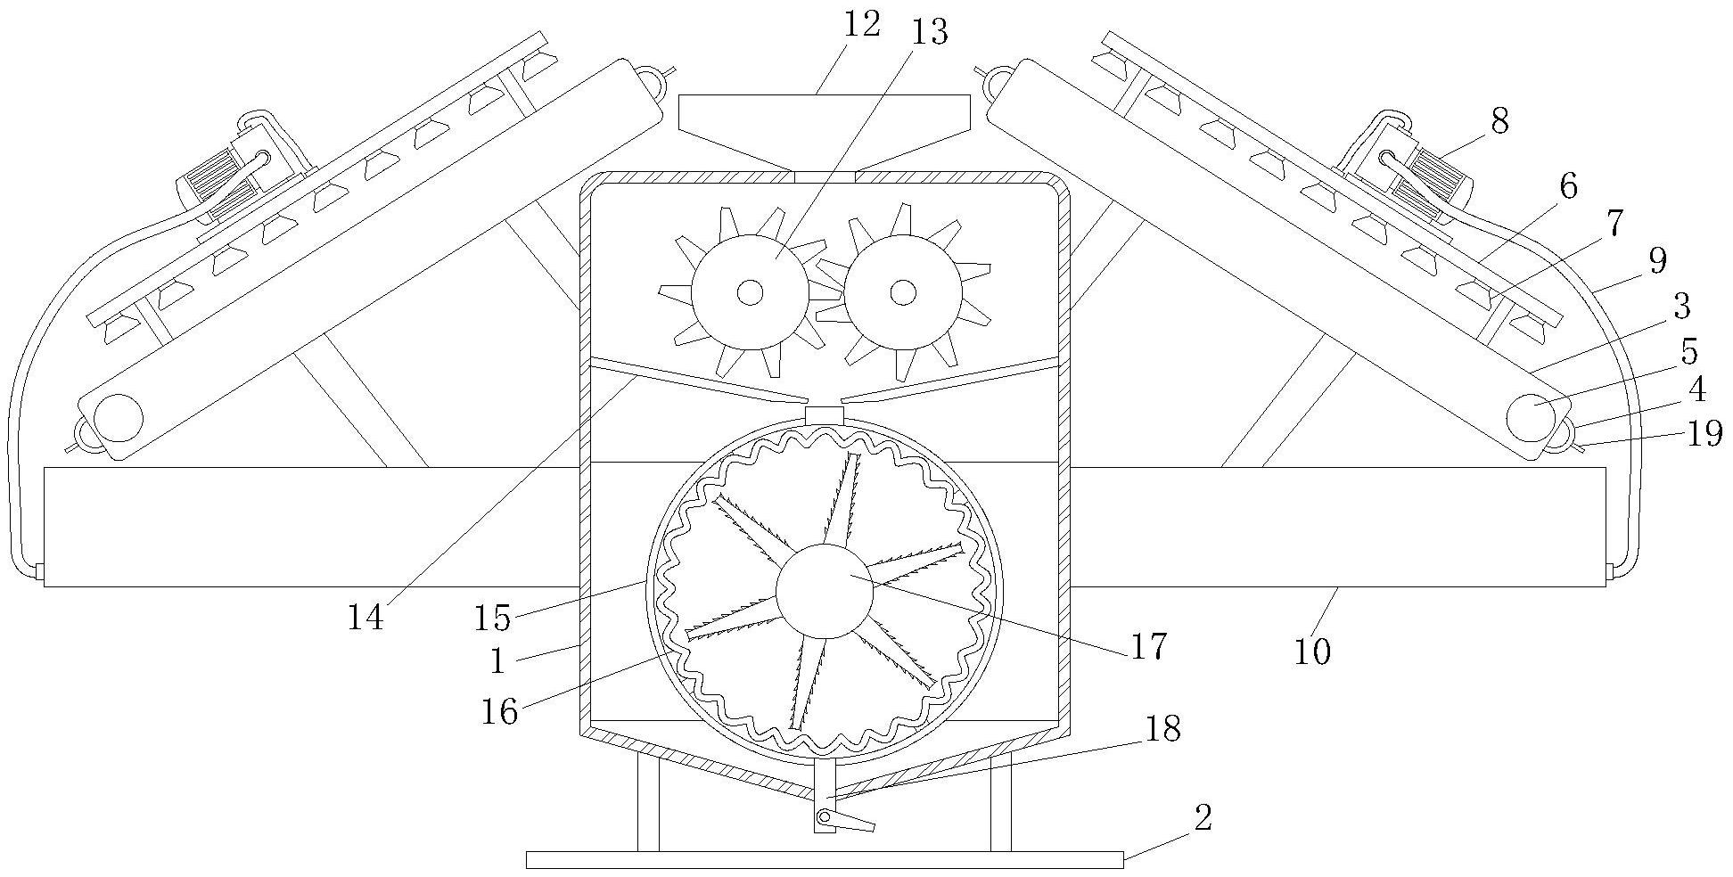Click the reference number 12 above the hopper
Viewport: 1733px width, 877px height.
click(861, 24)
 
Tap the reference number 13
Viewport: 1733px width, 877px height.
click(929, 33)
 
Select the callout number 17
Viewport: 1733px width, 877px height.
click(1148, 646)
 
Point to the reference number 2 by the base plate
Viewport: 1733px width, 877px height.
click(1203, 817)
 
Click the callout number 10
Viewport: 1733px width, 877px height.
click(1311, 652)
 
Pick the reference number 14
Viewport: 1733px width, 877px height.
click(365, 617)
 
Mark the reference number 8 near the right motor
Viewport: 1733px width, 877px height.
click(1499, 121)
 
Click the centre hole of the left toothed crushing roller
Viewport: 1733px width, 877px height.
click(751, 291)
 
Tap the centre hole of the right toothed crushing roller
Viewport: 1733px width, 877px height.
click(903, 291)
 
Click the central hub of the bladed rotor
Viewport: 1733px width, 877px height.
click(824, 590)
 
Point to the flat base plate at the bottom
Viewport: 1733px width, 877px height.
click(824, 859)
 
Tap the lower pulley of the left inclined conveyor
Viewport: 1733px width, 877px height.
click(119, 416)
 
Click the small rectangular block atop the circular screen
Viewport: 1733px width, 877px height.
click(824, 415)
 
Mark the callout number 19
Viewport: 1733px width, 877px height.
click(1703, 435)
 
